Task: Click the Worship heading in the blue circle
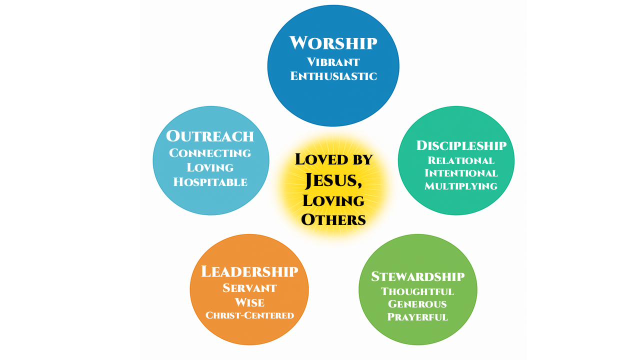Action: click(333, 43)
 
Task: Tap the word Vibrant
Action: click(333, 62)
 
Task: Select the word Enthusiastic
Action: click(333, 76)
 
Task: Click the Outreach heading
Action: click(210, 136)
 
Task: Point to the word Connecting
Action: click(210, 153)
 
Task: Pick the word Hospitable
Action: click(210, 182)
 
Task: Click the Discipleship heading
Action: click(461, 145)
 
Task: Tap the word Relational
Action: click(461, 160)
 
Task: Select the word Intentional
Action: click(461, 173)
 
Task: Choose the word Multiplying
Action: click(461, 186)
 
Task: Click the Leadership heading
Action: click(249, 272)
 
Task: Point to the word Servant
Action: click(249, 288)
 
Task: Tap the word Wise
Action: click(249, 302)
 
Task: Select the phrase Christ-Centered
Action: click(249, 315)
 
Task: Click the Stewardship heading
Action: click(417, 276)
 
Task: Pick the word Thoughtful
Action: click(417, 291)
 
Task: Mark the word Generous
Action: click(417, 304)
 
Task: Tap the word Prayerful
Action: click(417, 317)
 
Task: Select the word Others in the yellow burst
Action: click(333, 219)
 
